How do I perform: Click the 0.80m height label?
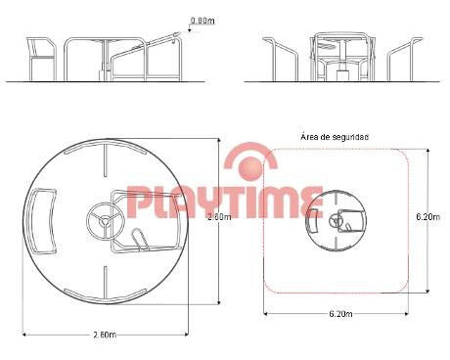(202, 21)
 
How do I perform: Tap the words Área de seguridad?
(335, 137)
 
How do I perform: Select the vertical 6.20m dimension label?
(428, 216)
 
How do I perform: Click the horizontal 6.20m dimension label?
(340, 314)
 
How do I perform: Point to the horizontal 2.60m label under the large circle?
(105, 335)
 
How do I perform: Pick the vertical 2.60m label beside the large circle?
(219, 217)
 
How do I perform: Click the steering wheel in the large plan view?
(105, 220)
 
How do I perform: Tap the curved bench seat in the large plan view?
(42, 221)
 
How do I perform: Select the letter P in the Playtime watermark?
(138, 202)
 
